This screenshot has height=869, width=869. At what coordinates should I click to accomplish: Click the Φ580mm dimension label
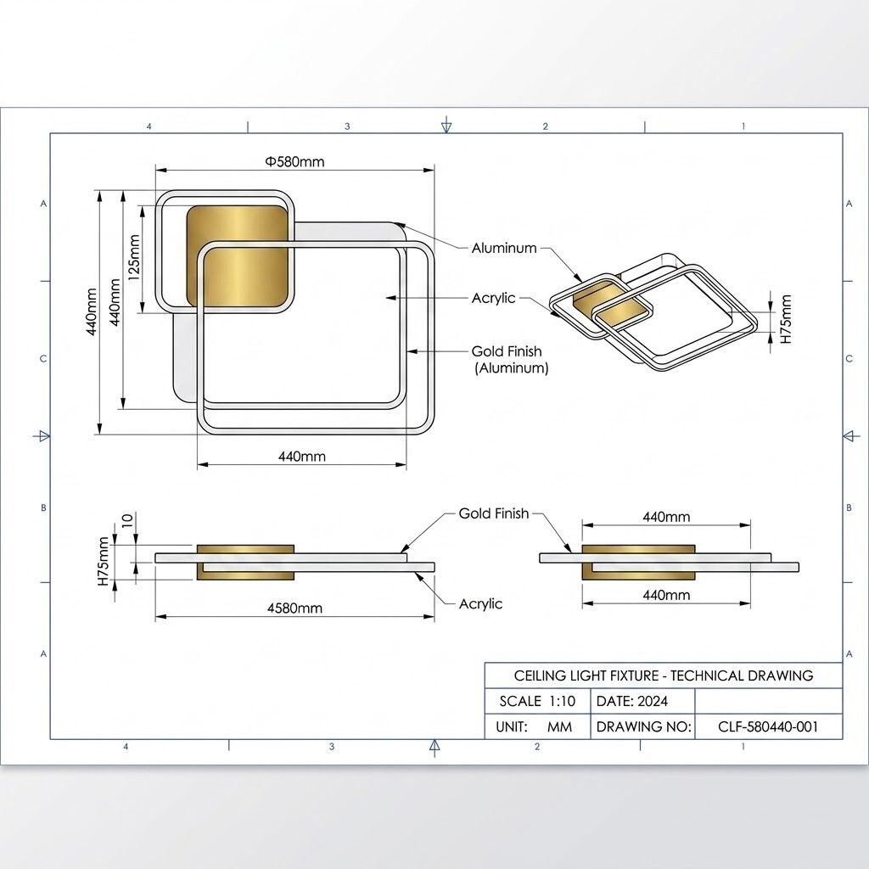pos(294,161)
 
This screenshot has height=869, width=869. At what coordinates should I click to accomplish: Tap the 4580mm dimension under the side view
pos(294,608)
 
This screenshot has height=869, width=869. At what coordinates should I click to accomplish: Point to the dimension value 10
pos(127,520)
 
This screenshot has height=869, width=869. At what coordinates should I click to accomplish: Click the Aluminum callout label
pos(504,248)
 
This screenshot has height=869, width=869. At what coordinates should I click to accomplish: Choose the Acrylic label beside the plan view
pos(493,298)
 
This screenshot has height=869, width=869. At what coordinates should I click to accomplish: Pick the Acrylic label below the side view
pos(480,603)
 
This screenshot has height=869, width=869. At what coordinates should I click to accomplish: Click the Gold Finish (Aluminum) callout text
pos(510,360)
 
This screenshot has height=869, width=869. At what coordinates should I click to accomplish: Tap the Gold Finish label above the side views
pos(493,513)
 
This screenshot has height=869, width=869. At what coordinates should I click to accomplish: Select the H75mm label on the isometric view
pos(785,319)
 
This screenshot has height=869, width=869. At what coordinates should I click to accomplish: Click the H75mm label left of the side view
pos(104,561)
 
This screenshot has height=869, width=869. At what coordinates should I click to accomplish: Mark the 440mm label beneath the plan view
pos(302,457)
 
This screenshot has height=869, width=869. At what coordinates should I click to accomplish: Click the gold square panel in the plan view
pos(236,255)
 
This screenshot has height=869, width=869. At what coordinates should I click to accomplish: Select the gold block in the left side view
pos(245,562)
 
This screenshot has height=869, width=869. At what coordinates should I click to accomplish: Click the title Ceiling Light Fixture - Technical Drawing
pos(663,676)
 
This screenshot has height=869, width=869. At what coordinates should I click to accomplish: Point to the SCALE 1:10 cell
pos(537,701)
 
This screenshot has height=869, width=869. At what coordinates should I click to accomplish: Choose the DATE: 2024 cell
pos(632,701)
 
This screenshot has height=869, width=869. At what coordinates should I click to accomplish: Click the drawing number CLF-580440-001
pos(767,726)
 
